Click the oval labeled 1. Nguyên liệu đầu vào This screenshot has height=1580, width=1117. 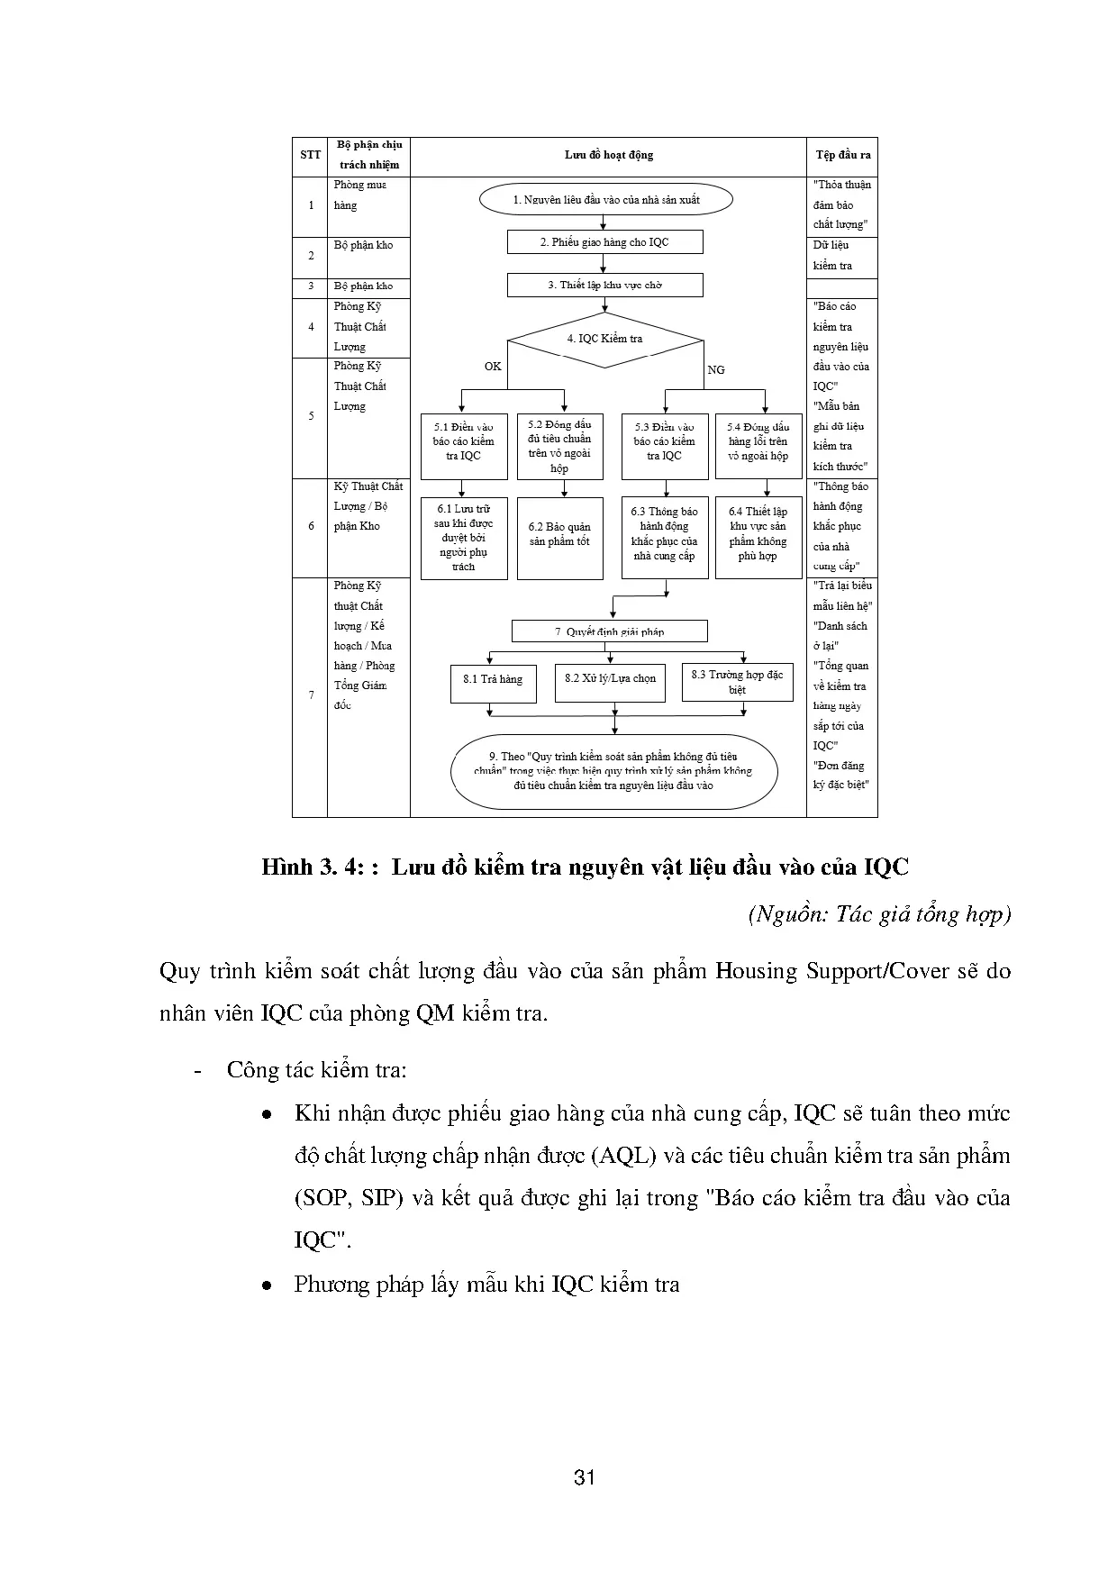point(605,200)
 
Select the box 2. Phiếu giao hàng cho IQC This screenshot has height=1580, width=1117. point(604,242)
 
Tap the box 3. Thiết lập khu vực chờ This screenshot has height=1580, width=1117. point(604,286)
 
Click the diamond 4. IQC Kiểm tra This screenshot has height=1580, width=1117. point(604,340)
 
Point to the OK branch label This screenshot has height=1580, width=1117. point(493,367)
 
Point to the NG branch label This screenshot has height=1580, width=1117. point(716,370)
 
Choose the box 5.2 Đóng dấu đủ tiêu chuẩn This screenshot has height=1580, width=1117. point(559,446)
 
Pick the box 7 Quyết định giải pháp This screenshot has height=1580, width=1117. point(609,631)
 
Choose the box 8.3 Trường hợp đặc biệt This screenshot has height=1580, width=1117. point(737,682)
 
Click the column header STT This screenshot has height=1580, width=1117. point(310,155)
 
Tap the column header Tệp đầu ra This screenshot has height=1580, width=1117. point(842,155)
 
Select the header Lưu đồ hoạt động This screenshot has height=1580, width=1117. point(608,155)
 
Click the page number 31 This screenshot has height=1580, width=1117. point(585,1478)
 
